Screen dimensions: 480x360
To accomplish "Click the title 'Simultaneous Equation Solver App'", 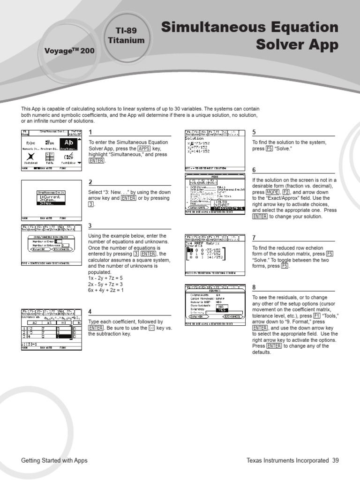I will (x=249, y=36).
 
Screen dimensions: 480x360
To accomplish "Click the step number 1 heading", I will (x=90, y=133).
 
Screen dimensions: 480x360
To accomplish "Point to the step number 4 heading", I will (x=90, y=312).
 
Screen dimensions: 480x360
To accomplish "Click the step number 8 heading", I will (x=254, y=287).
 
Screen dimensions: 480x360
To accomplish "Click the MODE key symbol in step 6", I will (x=272, y=193).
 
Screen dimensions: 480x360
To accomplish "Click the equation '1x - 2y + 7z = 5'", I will (x=105, y=278).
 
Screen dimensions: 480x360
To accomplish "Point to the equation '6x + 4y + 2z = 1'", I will (x=106, y=290).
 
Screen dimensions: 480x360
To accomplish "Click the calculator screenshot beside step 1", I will (x=52, y=150).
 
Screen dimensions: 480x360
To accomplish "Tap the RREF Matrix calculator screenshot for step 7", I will (x=214, y=255).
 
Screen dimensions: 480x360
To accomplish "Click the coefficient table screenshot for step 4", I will (x=52, y=329).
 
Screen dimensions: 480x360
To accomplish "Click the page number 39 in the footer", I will (x=335, y=461).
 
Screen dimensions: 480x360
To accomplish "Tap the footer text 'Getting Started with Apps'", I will (x=54, y=461).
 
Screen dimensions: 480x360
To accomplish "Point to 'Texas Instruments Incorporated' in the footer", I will (x=287, y=461).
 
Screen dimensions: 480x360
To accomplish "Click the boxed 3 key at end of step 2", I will (x=91, y=205).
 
